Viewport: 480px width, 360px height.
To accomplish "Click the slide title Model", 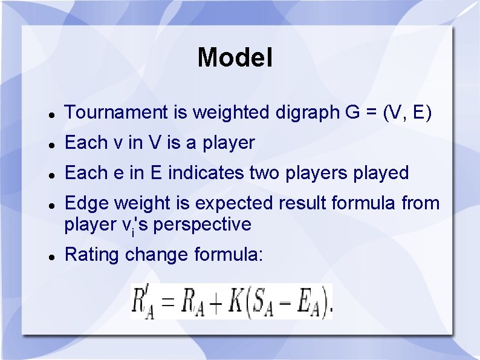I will (235, 58).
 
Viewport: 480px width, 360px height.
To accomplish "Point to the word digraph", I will (303, 113).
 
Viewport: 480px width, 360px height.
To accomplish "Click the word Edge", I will (85, 203).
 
